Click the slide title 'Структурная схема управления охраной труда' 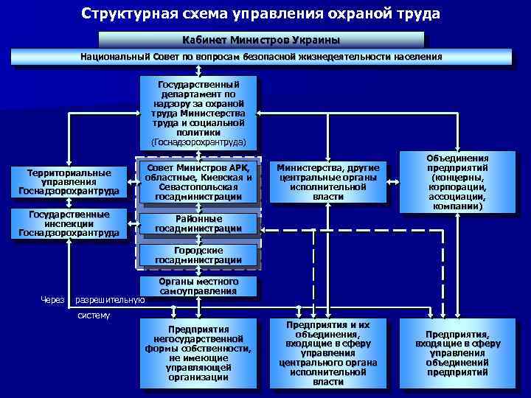(261, 14)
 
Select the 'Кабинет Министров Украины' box (261, 39)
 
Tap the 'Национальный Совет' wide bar (261, 57)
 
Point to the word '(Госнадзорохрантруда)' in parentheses (198, 142)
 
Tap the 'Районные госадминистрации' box (198, 224)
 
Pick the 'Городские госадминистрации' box (198, 255)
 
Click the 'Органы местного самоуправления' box (198, 287)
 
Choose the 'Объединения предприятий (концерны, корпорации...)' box (457, 182)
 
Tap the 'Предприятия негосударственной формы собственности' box (198, 353)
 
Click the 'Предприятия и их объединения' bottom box (327, 353)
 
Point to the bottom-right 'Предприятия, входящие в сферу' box (457, 353)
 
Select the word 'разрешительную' (110, 300)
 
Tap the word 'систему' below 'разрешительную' (94, 316)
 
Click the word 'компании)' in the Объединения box (457, 207)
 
